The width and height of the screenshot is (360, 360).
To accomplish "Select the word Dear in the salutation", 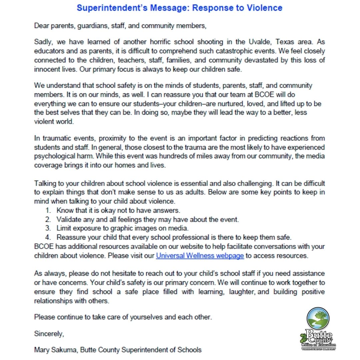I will (x=41, y=26).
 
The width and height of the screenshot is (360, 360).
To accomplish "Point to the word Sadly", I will (x=43, y=43).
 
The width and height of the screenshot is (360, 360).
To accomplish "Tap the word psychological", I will (x=56, y=156).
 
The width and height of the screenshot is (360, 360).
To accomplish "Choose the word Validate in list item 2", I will (x=68, y=220).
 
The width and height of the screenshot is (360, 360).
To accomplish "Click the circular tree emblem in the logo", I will (x=318, y=319).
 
